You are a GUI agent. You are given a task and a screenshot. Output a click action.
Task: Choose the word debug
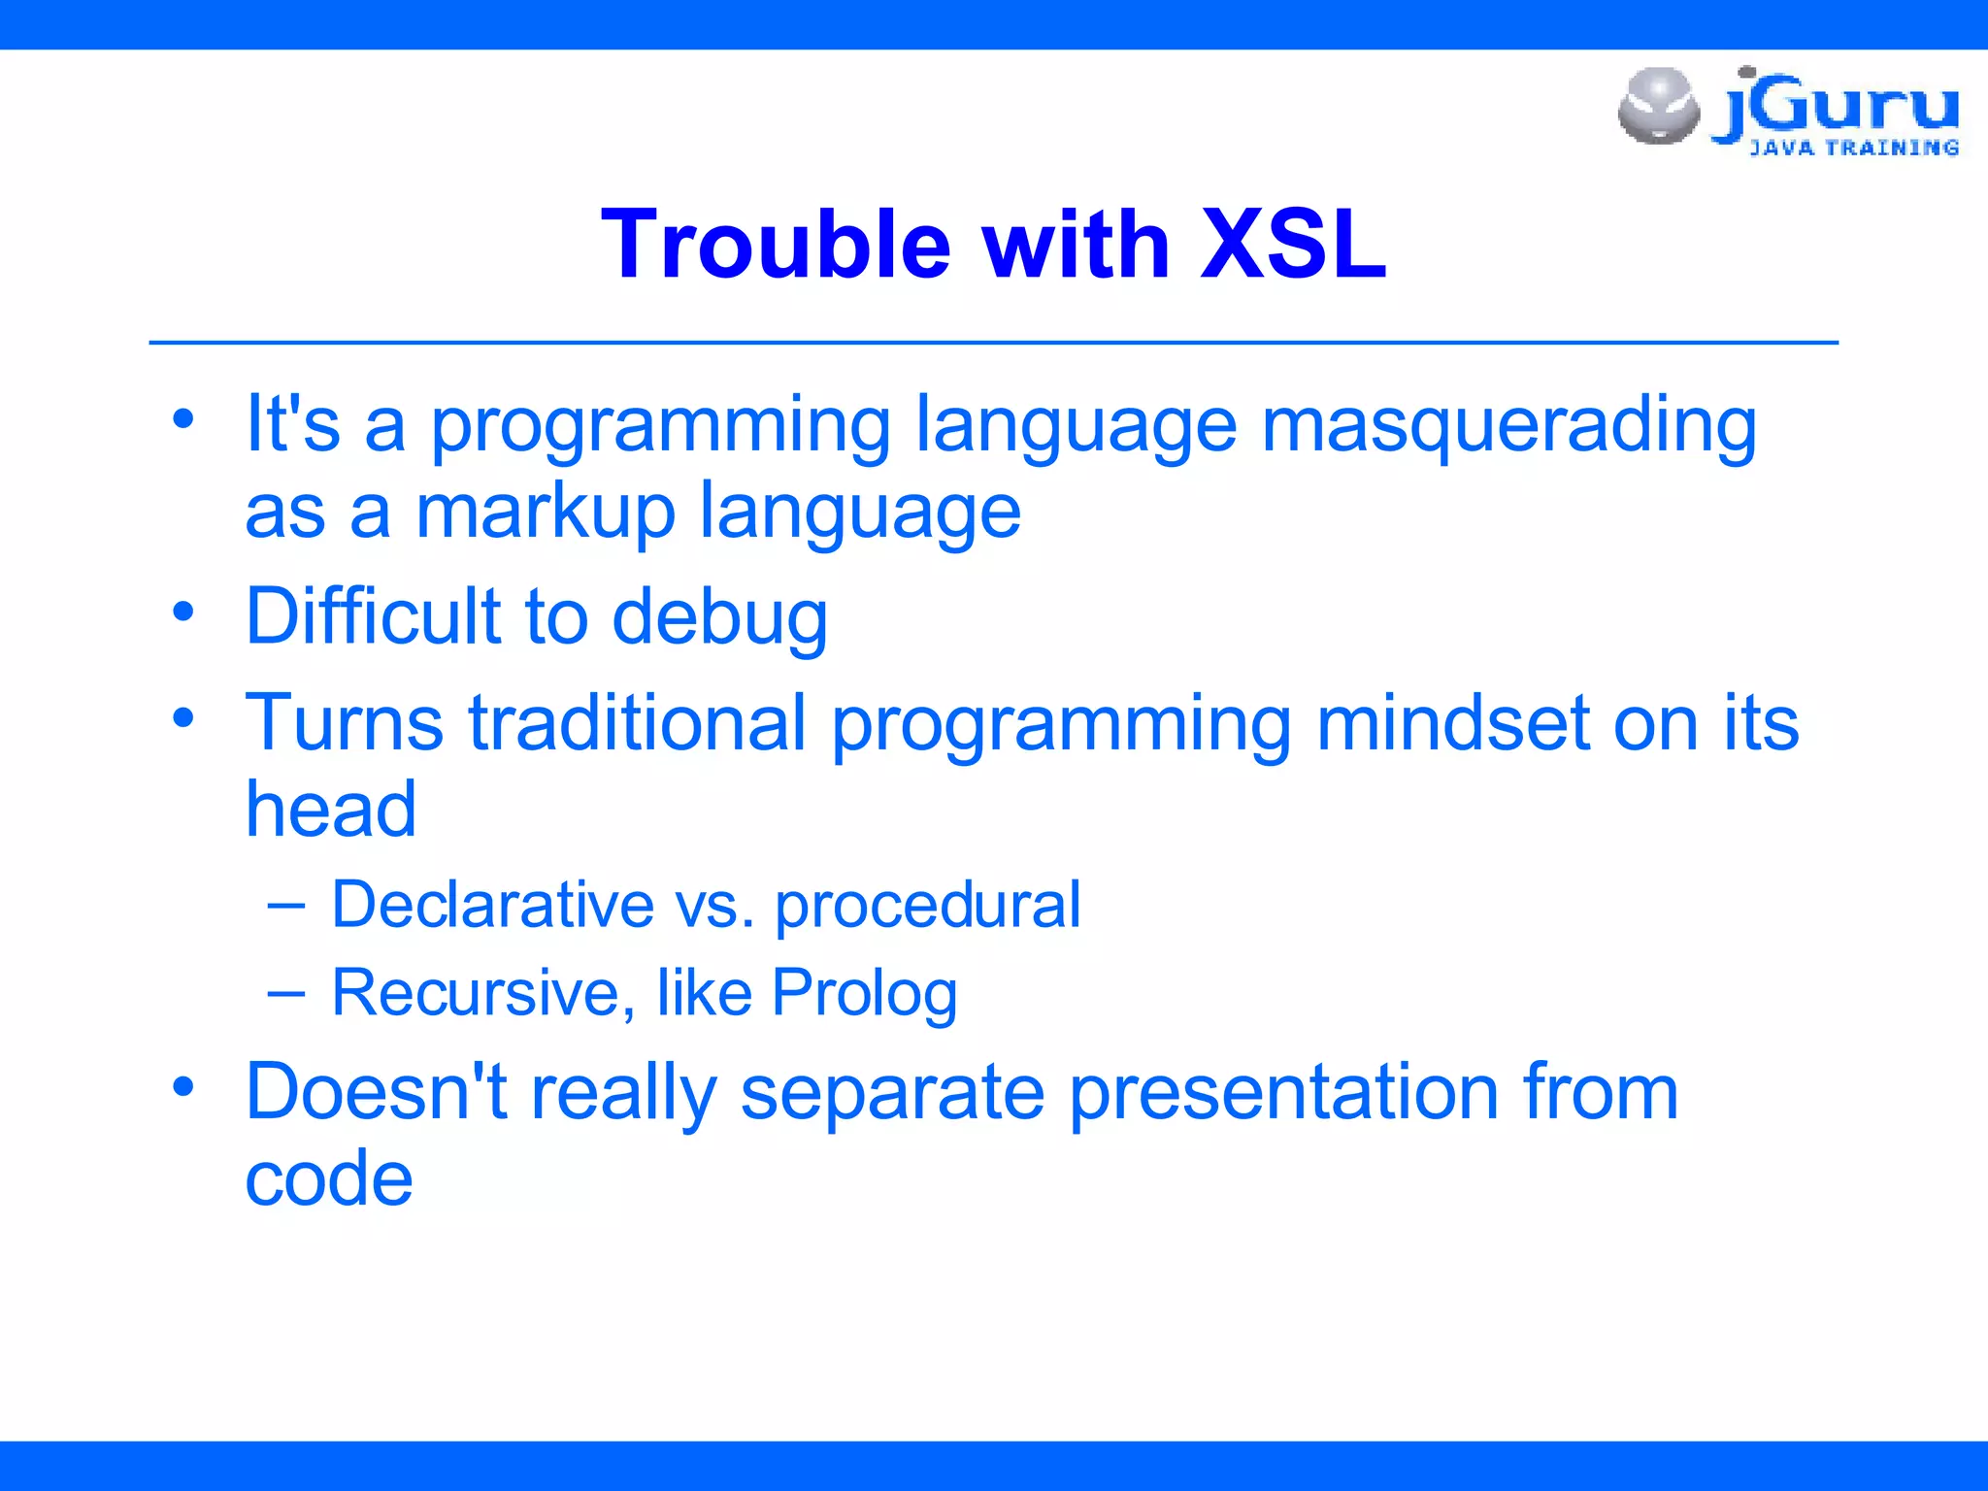pyautogui.click(x=719, y=621)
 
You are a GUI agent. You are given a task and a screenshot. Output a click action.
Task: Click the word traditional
pyautogui.click(x=637, y=723)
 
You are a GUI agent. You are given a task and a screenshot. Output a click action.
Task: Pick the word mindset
pyautogui.click(x=1451, y=723)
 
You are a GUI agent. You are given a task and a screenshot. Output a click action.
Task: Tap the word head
pyautogui.click(x=331, y=810)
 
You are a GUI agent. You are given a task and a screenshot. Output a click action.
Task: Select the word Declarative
pyautogui.click(x=493, y=905)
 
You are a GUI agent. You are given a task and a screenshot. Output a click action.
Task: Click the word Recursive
pyautogui.click(x=483, y=993)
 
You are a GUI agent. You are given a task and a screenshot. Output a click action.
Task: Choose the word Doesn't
pyautogui.click(x=376, y=1092)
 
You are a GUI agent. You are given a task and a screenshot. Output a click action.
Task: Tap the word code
pyautogui.click(x=329, y=1178)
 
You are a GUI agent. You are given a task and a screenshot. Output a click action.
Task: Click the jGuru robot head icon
pyautogui.click(x=1659, y=106)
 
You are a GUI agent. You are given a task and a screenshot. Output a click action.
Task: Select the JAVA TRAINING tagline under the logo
pyautogui.click(x=1854, y=148)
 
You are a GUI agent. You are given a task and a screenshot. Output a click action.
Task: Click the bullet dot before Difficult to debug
pyautogui.click(x=183, y=613)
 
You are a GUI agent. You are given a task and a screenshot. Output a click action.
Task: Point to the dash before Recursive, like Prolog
pyautogui.click(x=286, y=993)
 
